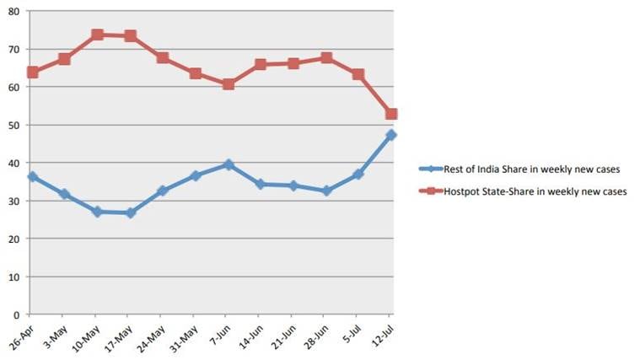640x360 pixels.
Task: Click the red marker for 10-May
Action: click(x=97, y=35)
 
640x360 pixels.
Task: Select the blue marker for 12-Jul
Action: click(x=391, y=135)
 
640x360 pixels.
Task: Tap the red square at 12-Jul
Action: click(x=391, y=114)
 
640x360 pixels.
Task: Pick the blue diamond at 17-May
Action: click(x=130, y=213)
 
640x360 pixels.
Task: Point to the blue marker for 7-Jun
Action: click(x=228, y=164)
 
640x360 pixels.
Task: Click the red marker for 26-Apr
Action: click(x=32, y=73)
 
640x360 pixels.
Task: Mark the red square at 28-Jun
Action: click(x=326, y=58)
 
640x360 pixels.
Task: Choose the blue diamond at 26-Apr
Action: click(x=32, y=177)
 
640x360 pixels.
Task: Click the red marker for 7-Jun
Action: click(x=228, y=84)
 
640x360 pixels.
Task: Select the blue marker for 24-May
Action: click(x=163, y=191)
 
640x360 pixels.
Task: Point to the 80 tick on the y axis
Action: click(x=13, y=12)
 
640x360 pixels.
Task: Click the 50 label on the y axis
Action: click(x=13, y=125)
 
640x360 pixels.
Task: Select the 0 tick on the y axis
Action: click(x=16, y=314)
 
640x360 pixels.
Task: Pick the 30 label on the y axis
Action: click(x=13, y=201)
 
